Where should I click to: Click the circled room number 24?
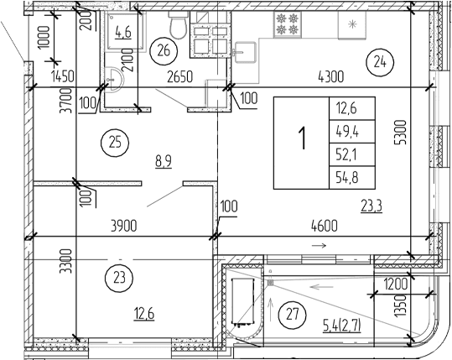tap(379, 60)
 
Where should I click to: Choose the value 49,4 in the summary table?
tap(345, 131)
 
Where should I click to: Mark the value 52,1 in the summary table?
tap(345, 154)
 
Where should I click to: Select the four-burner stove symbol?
tap(285, 23)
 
